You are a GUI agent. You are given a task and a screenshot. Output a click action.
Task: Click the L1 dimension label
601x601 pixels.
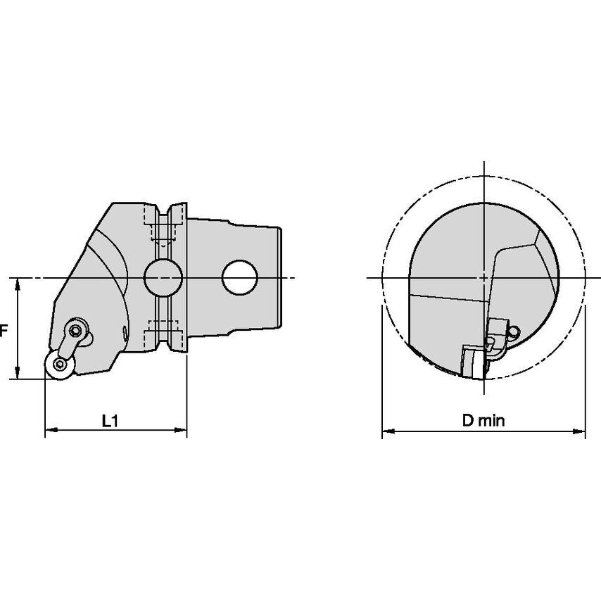tap(110, 421)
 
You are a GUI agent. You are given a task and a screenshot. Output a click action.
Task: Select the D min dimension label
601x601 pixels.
tap(483, 420)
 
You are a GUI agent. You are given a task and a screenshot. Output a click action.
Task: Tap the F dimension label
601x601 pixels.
tap(4, 330)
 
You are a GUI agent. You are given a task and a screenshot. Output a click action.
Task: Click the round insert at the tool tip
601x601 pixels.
tap(60, 365)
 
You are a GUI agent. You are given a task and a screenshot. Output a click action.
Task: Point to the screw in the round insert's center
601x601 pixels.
tap(59, 364)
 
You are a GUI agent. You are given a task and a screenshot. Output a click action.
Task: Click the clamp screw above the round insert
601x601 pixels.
tap(76, 329)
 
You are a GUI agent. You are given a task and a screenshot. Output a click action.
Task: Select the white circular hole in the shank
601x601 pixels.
tap(239, 277)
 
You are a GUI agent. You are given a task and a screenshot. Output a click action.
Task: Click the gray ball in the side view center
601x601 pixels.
tap(163, 277)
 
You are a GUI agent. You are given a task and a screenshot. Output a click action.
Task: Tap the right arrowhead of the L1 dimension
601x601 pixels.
tap(181, 430)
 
